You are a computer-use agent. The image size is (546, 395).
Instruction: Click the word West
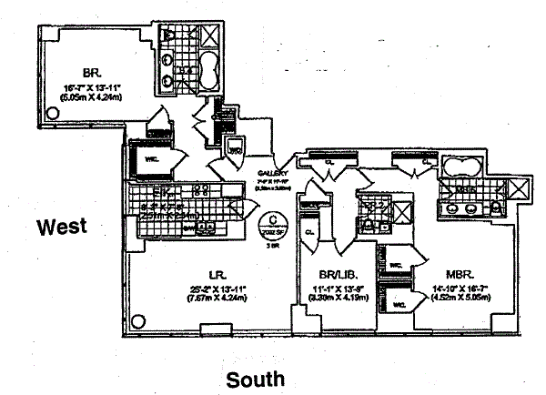click(62, 226)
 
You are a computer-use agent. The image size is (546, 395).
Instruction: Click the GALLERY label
click(272, 173)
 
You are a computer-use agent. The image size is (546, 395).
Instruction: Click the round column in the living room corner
click(138, 320)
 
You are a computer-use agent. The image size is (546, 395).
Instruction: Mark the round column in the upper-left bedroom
click(53, 112)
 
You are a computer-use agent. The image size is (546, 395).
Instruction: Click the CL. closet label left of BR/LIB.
click(309, 233)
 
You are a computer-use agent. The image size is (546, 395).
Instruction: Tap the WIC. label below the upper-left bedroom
click(146, 164)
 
